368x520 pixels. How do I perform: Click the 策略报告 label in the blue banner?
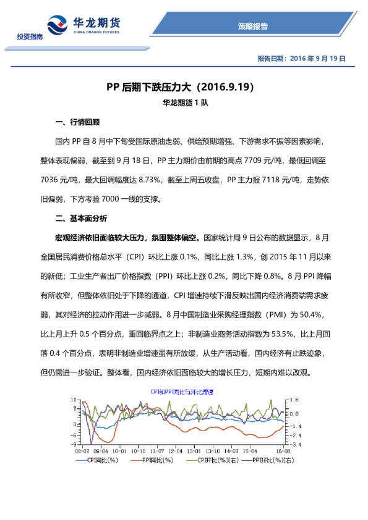pyautogui.click(x=252, y=26)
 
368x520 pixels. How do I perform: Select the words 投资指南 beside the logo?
pyautogui.click(x=30, y=39)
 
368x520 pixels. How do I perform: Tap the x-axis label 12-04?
pyautogui.click(x=176, y=451)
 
